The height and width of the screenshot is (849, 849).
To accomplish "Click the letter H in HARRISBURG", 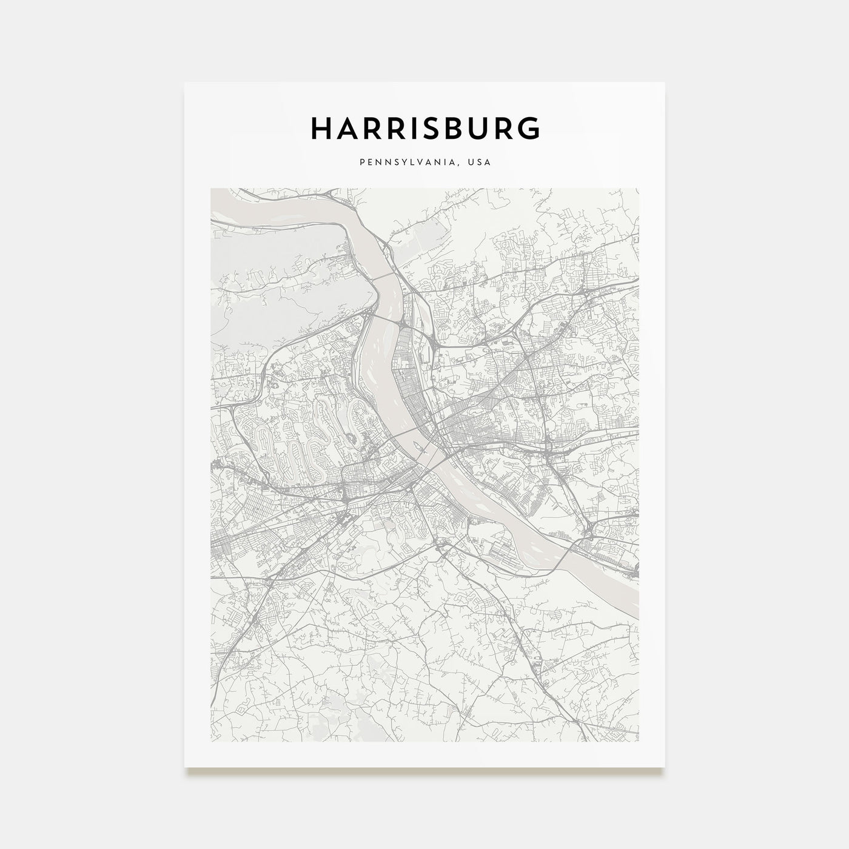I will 321,129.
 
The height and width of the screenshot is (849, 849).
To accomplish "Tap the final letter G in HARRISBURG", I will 529,129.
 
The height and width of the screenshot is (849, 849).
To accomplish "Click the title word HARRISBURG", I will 424,129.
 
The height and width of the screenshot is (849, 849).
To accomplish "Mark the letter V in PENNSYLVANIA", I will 423,163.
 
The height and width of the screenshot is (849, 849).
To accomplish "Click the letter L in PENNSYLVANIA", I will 415,163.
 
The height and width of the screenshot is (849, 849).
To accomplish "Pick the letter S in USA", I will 479,163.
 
